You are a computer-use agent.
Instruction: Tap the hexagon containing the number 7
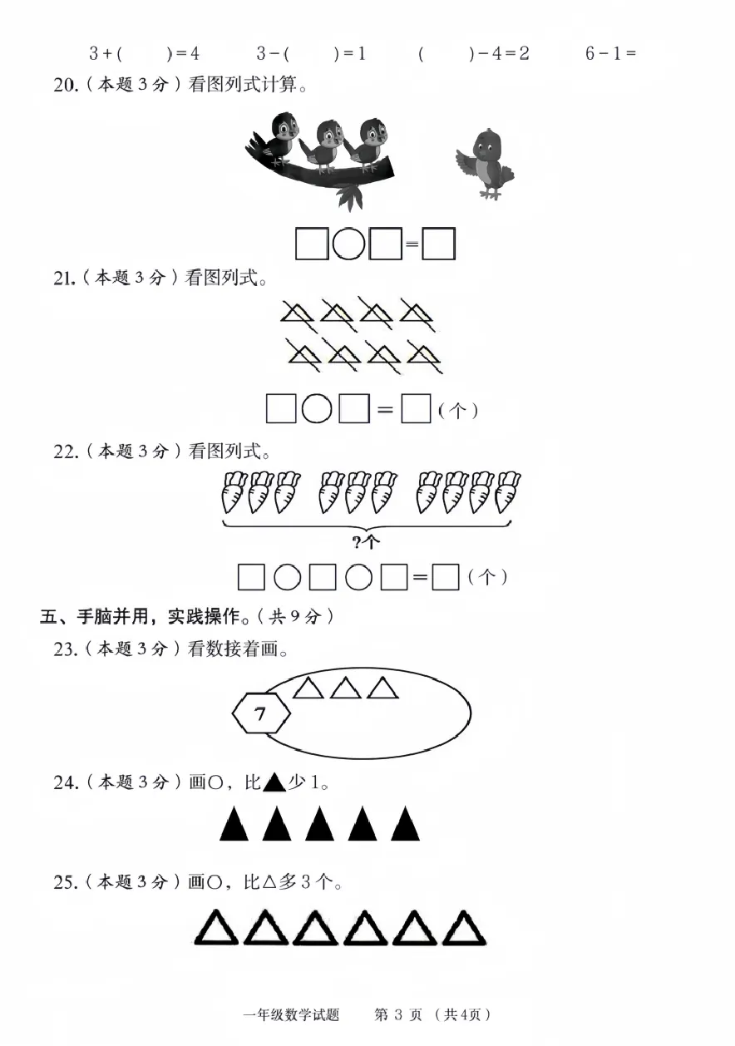pos(261,713)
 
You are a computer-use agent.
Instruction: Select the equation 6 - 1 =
pos(610,54)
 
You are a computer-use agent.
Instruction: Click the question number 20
pos(65,85)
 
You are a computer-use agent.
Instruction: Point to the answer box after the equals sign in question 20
pos(438,244)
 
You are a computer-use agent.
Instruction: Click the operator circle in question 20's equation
pos(348,244)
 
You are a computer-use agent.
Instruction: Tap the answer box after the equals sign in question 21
pos(416,408)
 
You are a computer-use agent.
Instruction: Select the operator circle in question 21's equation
pos(317,408)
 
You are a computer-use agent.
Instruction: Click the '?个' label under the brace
pos(366,542)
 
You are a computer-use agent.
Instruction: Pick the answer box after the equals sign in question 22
pos(446,577)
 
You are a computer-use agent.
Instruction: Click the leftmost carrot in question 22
pos(233,492)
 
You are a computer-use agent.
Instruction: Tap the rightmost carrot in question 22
pos(507,492)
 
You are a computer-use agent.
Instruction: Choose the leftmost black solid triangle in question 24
pos(234,824)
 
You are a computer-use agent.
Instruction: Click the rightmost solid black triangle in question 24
pos(405,824)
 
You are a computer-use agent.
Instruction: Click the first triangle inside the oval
pos(308,688)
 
